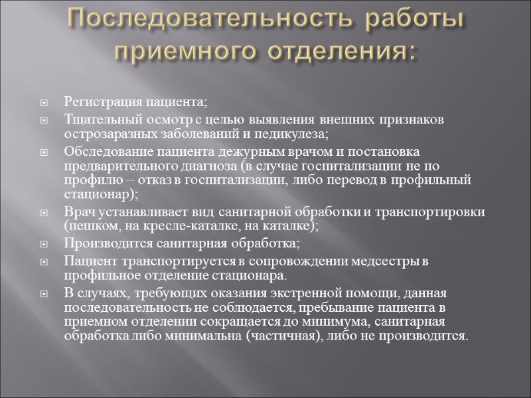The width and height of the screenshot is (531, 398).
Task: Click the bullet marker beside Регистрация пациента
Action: [x=44, y=103]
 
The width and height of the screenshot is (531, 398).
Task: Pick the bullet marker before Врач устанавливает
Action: [x=44, y=212]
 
